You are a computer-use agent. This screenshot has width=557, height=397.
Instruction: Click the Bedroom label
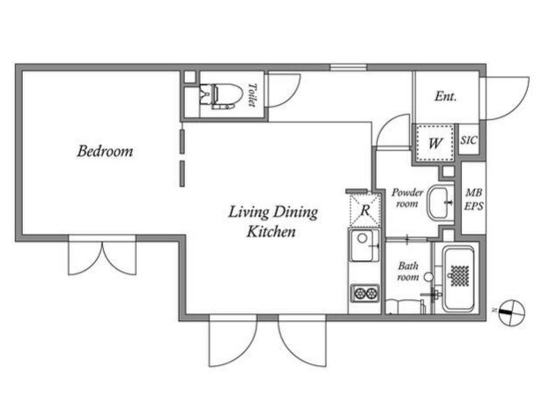click(105, 151)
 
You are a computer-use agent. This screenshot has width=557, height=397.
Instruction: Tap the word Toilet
click(252, 94)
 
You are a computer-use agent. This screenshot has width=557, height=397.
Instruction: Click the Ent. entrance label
click(445, 96)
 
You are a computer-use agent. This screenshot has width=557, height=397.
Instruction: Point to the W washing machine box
click(435, 143)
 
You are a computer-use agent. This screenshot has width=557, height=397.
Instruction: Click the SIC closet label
click(469, 140)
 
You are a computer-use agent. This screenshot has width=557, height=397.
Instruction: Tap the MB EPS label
click(474, 199)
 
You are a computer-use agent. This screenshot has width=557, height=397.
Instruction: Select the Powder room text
click(407, 198)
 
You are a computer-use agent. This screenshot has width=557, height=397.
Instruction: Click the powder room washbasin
click(441, 203)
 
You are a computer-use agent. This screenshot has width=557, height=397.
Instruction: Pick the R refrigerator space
click(365, 210)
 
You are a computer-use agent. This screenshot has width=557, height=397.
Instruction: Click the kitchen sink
click(365, 245)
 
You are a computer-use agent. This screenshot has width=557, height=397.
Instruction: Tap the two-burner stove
click(365, 293)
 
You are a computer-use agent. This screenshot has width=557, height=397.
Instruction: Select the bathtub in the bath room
click(458, 278)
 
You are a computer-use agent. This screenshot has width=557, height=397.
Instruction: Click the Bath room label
click(408, 271)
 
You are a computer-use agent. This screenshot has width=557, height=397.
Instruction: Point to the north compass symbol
click(511, 312)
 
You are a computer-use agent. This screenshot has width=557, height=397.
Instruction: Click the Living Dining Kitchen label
click(272, 221)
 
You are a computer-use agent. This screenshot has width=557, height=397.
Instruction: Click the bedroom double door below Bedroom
click(102, 256)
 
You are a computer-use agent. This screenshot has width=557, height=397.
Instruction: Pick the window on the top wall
click(348, 67)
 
